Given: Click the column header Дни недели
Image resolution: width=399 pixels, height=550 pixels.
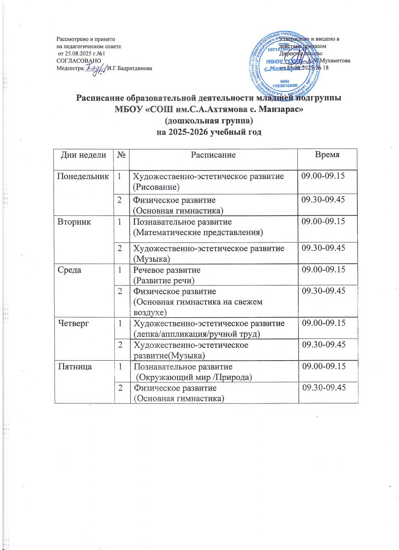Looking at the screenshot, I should [84, 155].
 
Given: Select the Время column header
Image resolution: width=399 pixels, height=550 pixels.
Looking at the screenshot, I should [328, 155].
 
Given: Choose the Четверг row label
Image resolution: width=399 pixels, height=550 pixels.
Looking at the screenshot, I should [72, 324].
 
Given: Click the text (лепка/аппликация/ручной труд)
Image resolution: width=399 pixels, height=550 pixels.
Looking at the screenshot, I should [205, 334].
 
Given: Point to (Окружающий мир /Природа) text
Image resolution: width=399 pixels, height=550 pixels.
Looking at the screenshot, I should [193, 377].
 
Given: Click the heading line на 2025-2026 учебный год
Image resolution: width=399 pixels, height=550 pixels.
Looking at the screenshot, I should [209, 132].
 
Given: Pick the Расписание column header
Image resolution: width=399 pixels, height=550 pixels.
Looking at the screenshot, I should [213, 155].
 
